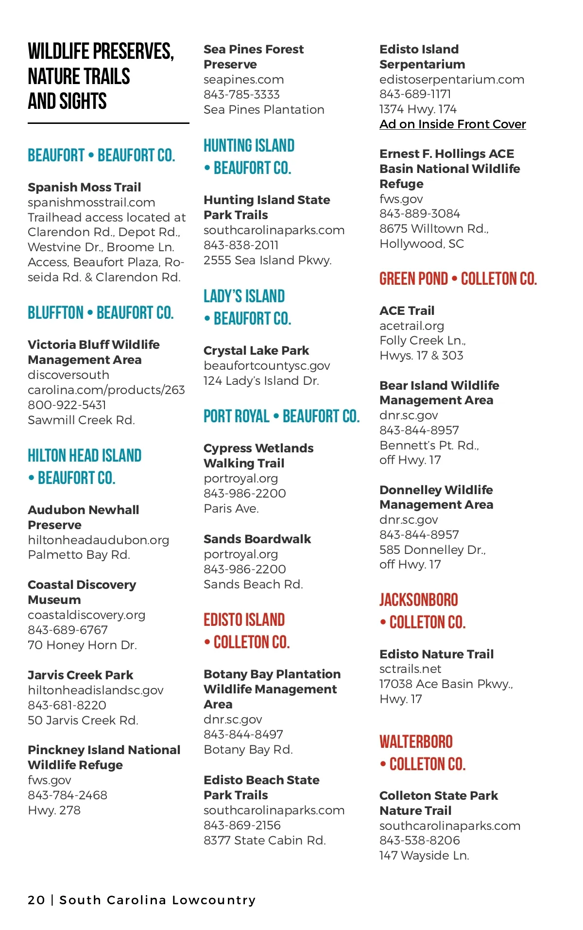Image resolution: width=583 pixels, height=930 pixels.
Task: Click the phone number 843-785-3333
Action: (241, 94)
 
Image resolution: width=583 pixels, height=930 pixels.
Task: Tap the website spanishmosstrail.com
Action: (91, 202)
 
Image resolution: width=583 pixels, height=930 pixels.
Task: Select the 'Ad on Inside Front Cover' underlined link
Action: (452, 124)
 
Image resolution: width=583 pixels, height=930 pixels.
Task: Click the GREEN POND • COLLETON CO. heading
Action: (458, 279)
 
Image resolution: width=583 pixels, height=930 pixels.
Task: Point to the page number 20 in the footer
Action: (36, 900)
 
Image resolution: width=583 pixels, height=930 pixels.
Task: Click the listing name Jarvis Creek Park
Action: (80, 675)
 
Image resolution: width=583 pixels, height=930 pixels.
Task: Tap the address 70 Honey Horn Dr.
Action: (82, 645)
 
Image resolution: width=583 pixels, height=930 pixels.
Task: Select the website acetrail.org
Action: (412, 326)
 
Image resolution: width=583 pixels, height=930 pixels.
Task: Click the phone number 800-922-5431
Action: (67, 405)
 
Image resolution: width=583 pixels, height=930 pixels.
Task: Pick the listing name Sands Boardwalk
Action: (257, 539)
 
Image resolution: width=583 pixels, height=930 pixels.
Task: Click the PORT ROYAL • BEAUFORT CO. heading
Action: (281, 416)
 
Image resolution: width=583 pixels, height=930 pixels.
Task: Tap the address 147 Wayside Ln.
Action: (424, 855)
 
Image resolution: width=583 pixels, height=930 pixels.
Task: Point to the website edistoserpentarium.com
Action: (451, 79)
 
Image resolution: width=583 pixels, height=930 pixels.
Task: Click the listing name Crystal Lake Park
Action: (256, 350)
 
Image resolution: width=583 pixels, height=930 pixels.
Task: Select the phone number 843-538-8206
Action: (419, 840)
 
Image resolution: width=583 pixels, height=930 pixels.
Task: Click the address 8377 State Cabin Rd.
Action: (264, 840)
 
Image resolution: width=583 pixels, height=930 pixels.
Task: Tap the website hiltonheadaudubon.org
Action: (98, 540)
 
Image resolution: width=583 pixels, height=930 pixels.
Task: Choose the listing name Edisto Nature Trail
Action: (436, 654)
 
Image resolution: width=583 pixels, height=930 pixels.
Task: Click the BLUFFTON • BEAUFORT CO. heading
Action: (101, 313)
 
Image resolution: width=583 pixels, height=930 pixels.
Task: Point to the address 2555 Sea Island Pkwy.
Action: (267, 260)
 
